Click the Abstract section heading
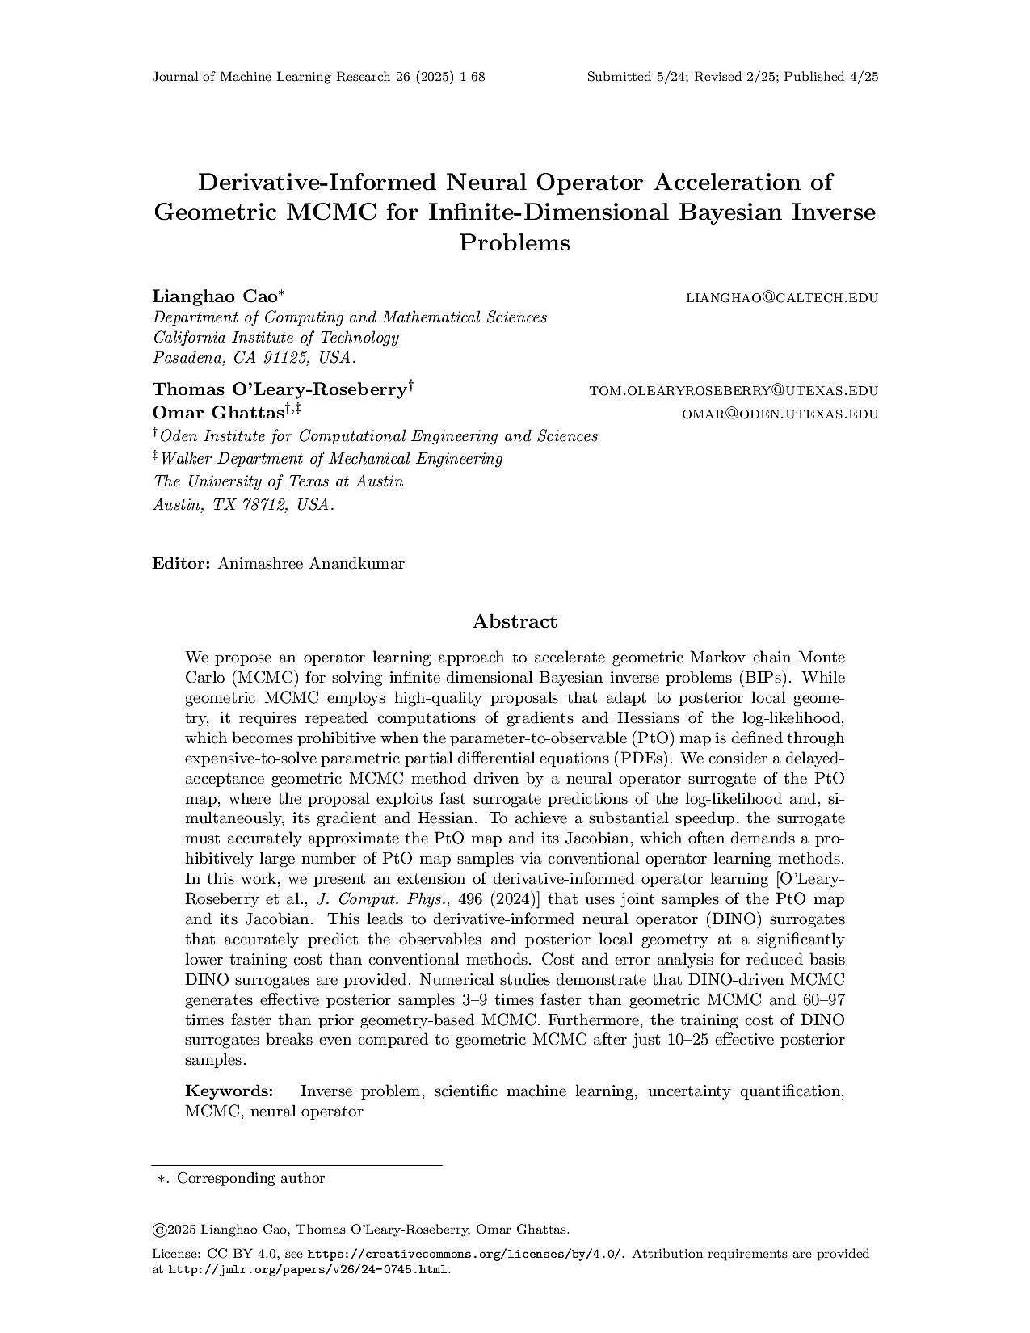point(515,621)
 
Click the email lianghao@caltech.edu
point(781,298)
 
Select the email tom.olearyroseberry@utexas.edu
point(734,391)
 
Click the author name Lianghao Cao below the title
point(214,296)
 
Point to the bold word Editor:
point(182,564)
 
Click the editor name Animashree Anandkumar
point(311,564)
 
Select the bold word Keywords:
point(229,1091)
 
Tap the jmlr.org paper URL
point(308,1269)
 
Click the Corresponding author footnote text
point(250,1178)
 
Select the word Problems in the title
point(515,242)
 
